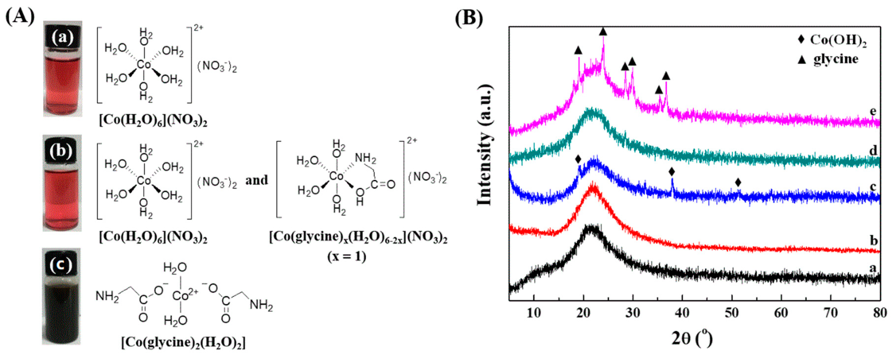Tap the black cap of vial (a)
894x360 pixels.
tap(63, 37)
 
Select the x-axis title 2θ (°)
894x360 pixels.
tap(692, 339)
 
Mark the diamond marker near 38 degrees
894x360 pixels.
tap(672, 171)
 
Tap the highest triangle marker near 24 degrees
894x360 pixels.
tap(603, 32)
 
